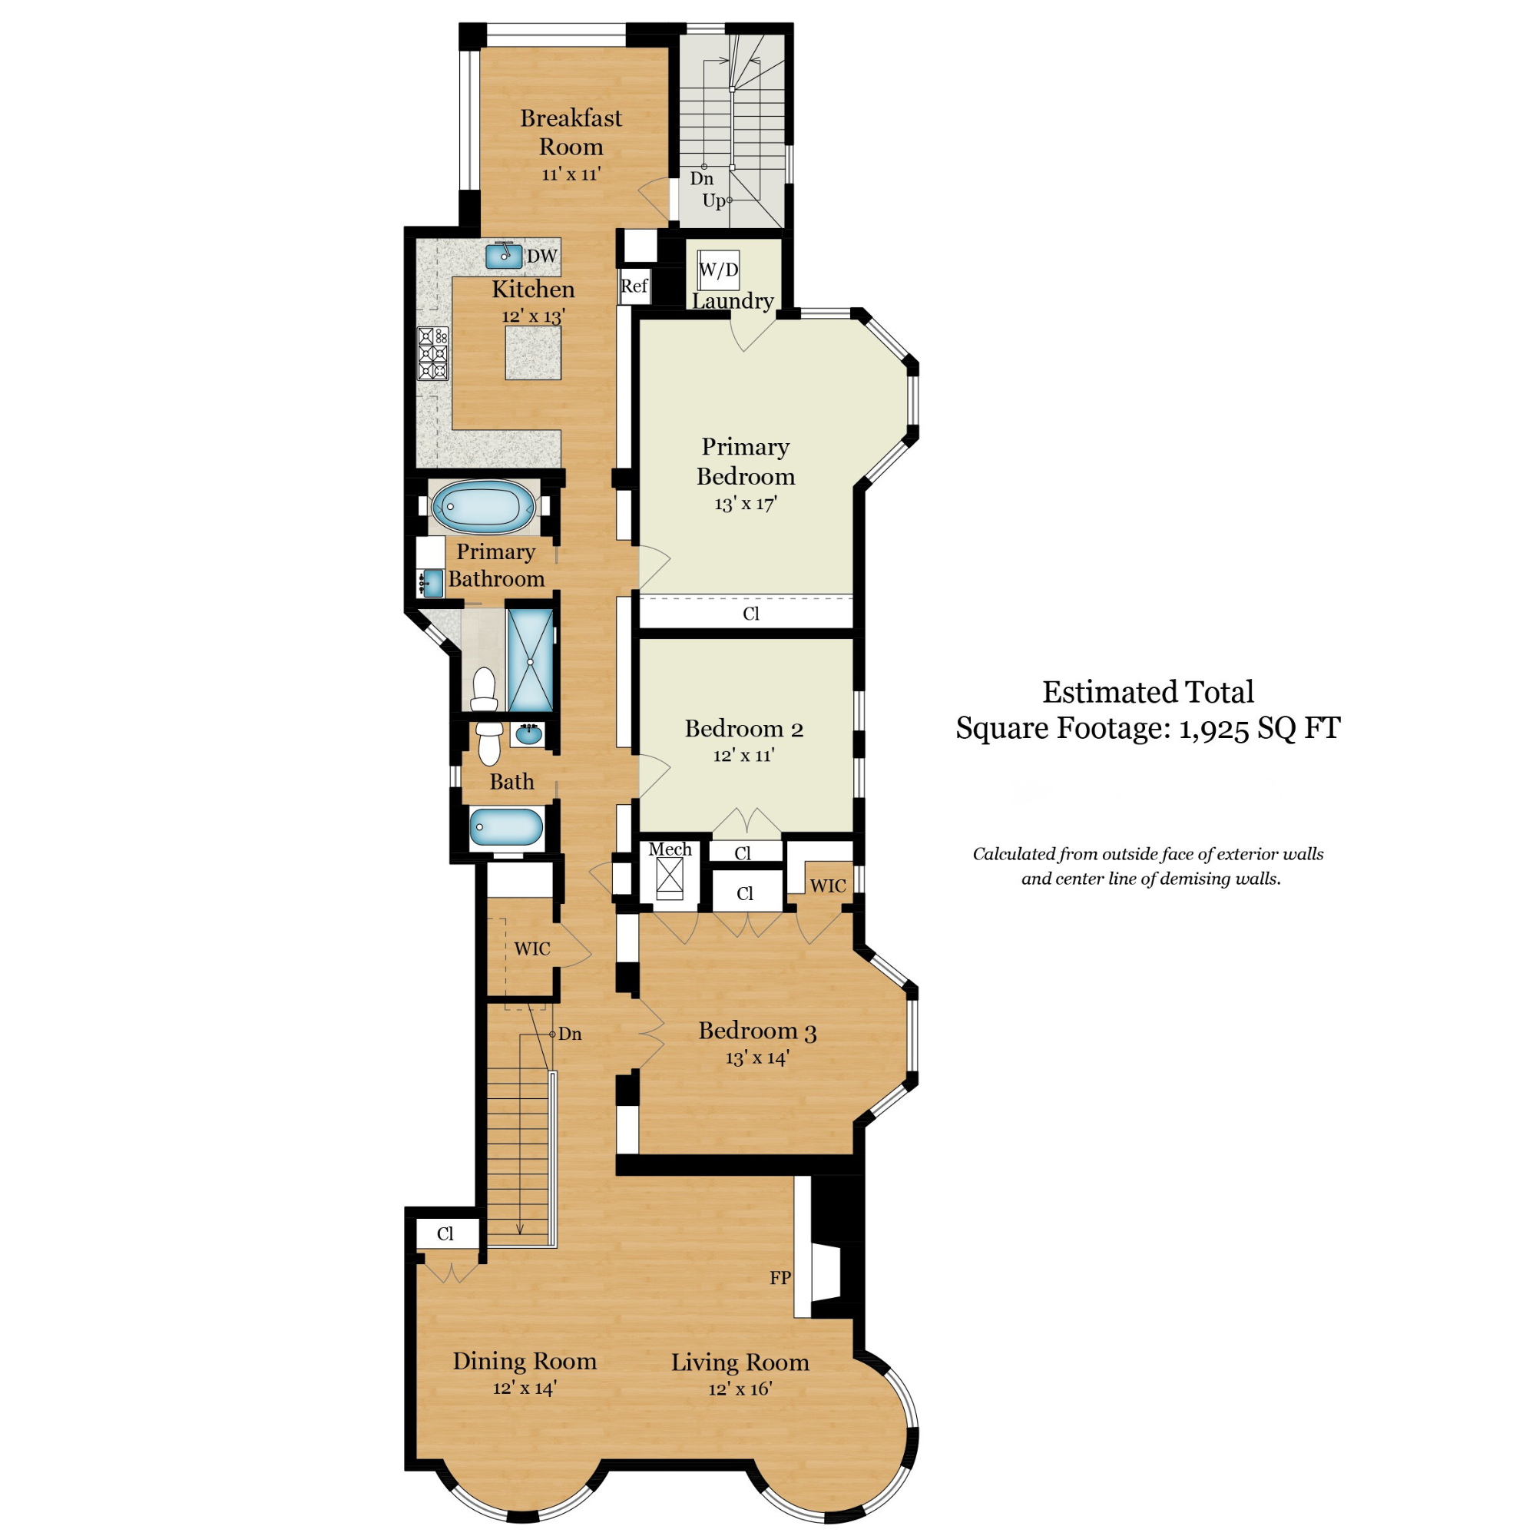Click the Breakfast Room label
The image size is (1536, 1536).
pyautogui.click(x=570, y=132)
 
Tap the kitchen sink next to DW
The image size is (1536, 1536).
pyautogui.click(x=504, y=255)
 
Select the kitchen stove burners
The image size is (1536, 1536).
pyautogui.click(x=433, y=353)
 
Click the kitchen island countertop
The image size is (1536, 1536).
pyautogui.click(x=532, y=353)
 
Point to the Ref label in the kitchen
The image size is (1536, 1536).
pyautogui.click(x=634, y=286)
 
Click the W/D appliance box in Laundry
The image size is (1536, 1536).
pyautogui.click(x=718, y=270)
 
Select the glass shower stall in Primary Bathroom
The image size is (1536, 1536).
pyautogui.click(x=529, y=660)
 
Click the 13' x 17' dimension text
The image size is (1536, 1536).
pyautogui.click(x=745, y=503)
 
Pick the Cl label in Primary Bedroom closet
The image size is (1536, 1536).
pyautogui.click(x=750, y=614)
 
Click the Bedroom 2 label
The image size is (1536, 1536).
pyautogui.click(x=743, y=728)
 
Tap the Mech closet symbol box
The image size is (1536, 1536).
pyautogui.click(x=670, y=877)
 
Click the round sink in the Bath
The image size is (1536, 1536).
pyautogui.click(x=528, y=735)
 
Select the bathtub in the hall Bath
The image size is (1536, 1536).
pyautogui.click(x=505, y=827)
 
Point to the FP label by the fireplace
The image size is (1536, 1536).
pyautogui.click(x=779, y=1278)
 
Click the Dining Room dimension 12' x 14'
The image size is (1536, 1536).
pyautogui.click(x=524, y=1388)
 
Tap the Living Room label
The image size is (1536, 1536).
pyautogui.click(x=740, y=1362)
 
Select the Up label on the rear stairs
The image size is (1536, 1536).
pyautogui.click(x=713, y=200)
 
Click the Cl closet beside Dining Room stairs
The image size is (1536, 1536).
pyautogui.click(x=445, y=1234)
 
